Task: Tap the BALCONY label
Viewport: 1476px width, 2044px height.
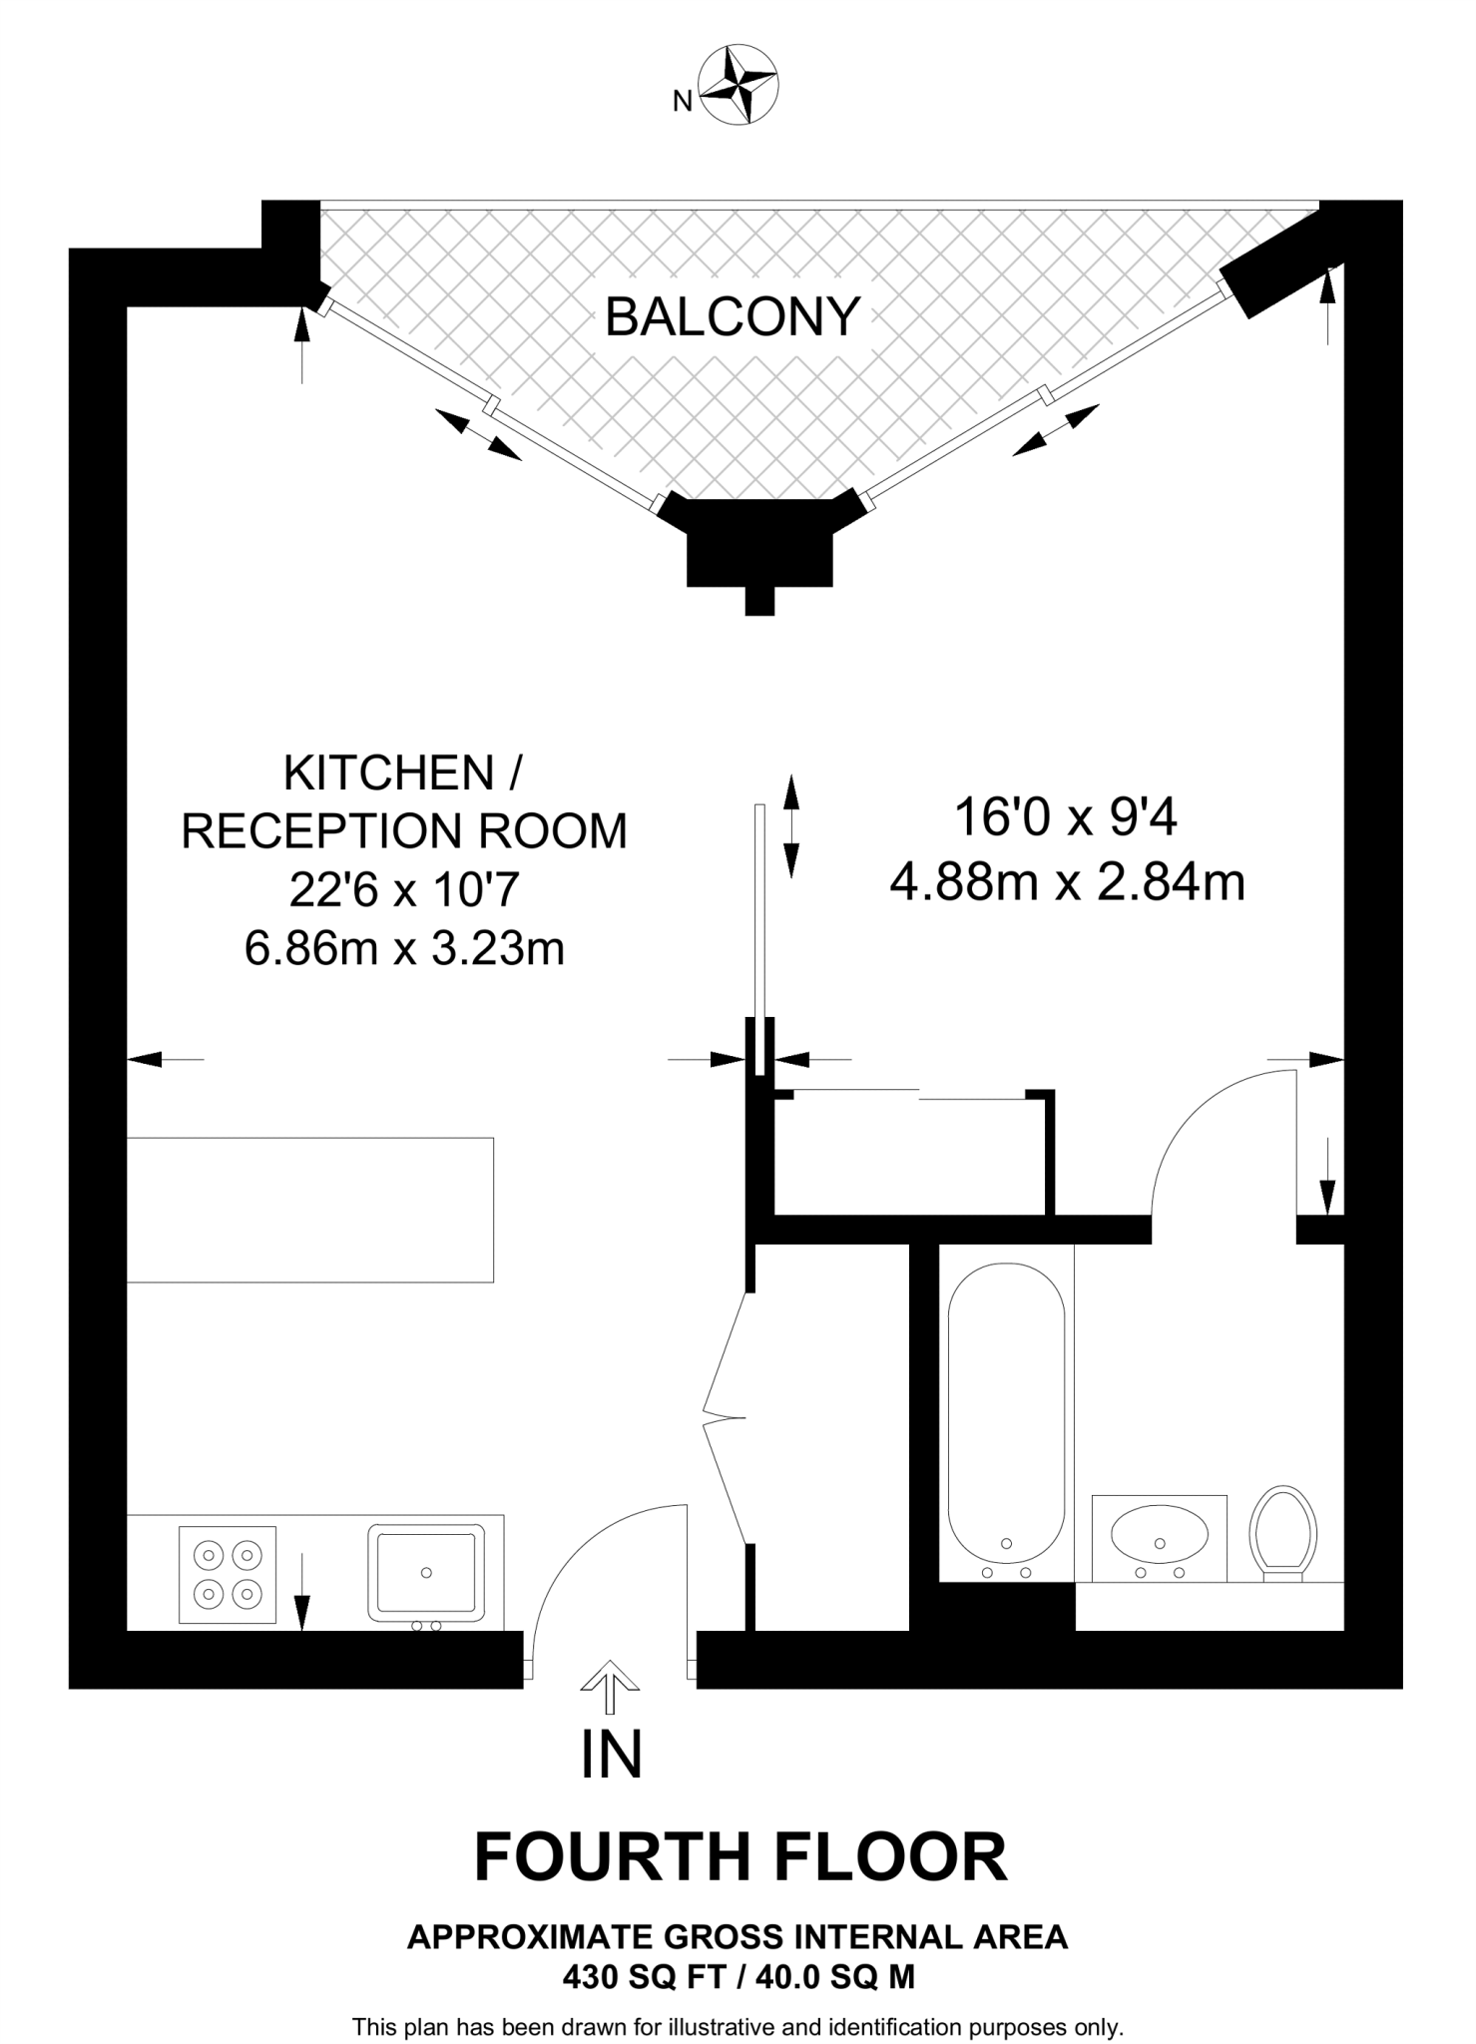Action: (x=733, y=317)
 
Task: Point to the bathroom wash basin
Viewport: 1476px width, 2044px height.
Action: (x=1159, y=1537)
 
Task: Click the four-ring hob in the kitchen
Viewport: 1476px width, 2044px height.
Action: (x=228, y=1574)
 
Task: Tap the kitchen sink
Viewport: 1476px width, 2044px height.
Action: (x=427, y=1572)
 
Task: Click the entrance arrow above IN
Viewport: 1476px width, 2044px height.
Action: (x=610, y=1687)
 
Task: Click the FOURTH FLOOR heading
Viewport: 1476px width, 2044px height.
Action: (x=739, y=1858)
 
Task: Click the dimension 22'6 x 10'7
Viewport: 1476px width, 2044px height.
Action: (x=403, y=889)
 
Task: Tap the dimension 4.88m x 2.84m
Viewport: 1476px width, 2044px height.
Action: (x=1067, y=883)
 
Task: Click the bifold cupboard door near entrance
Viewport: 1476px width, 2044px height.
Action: (x=725, y=1417)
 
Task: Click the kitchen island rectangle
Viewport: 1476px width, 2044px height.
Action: (x=309, y=1210)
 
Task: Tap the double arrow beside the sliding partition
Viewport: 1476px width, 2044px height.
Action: (x=790, y=825)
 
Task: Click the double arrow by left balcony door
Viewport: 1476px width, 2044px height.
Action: (x=479, y=435)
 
